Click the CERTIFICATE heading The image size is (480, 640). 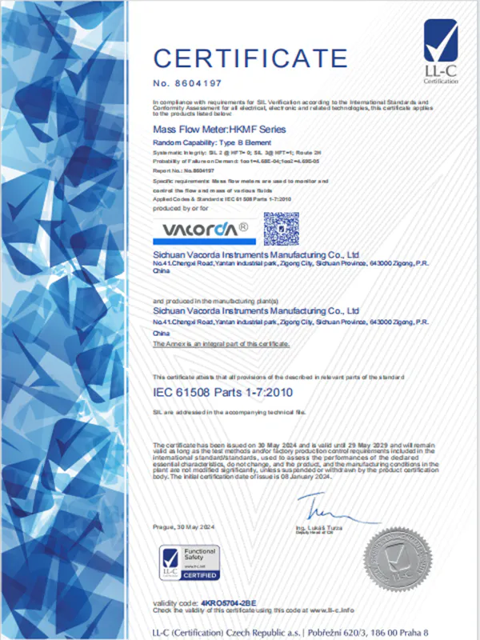coord(250,58)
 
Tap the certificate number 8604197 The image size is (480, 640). coord(191,82)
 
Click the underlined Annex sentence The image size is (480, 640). coord(222,343)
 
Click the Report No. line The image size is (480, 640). coord(183,170)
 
